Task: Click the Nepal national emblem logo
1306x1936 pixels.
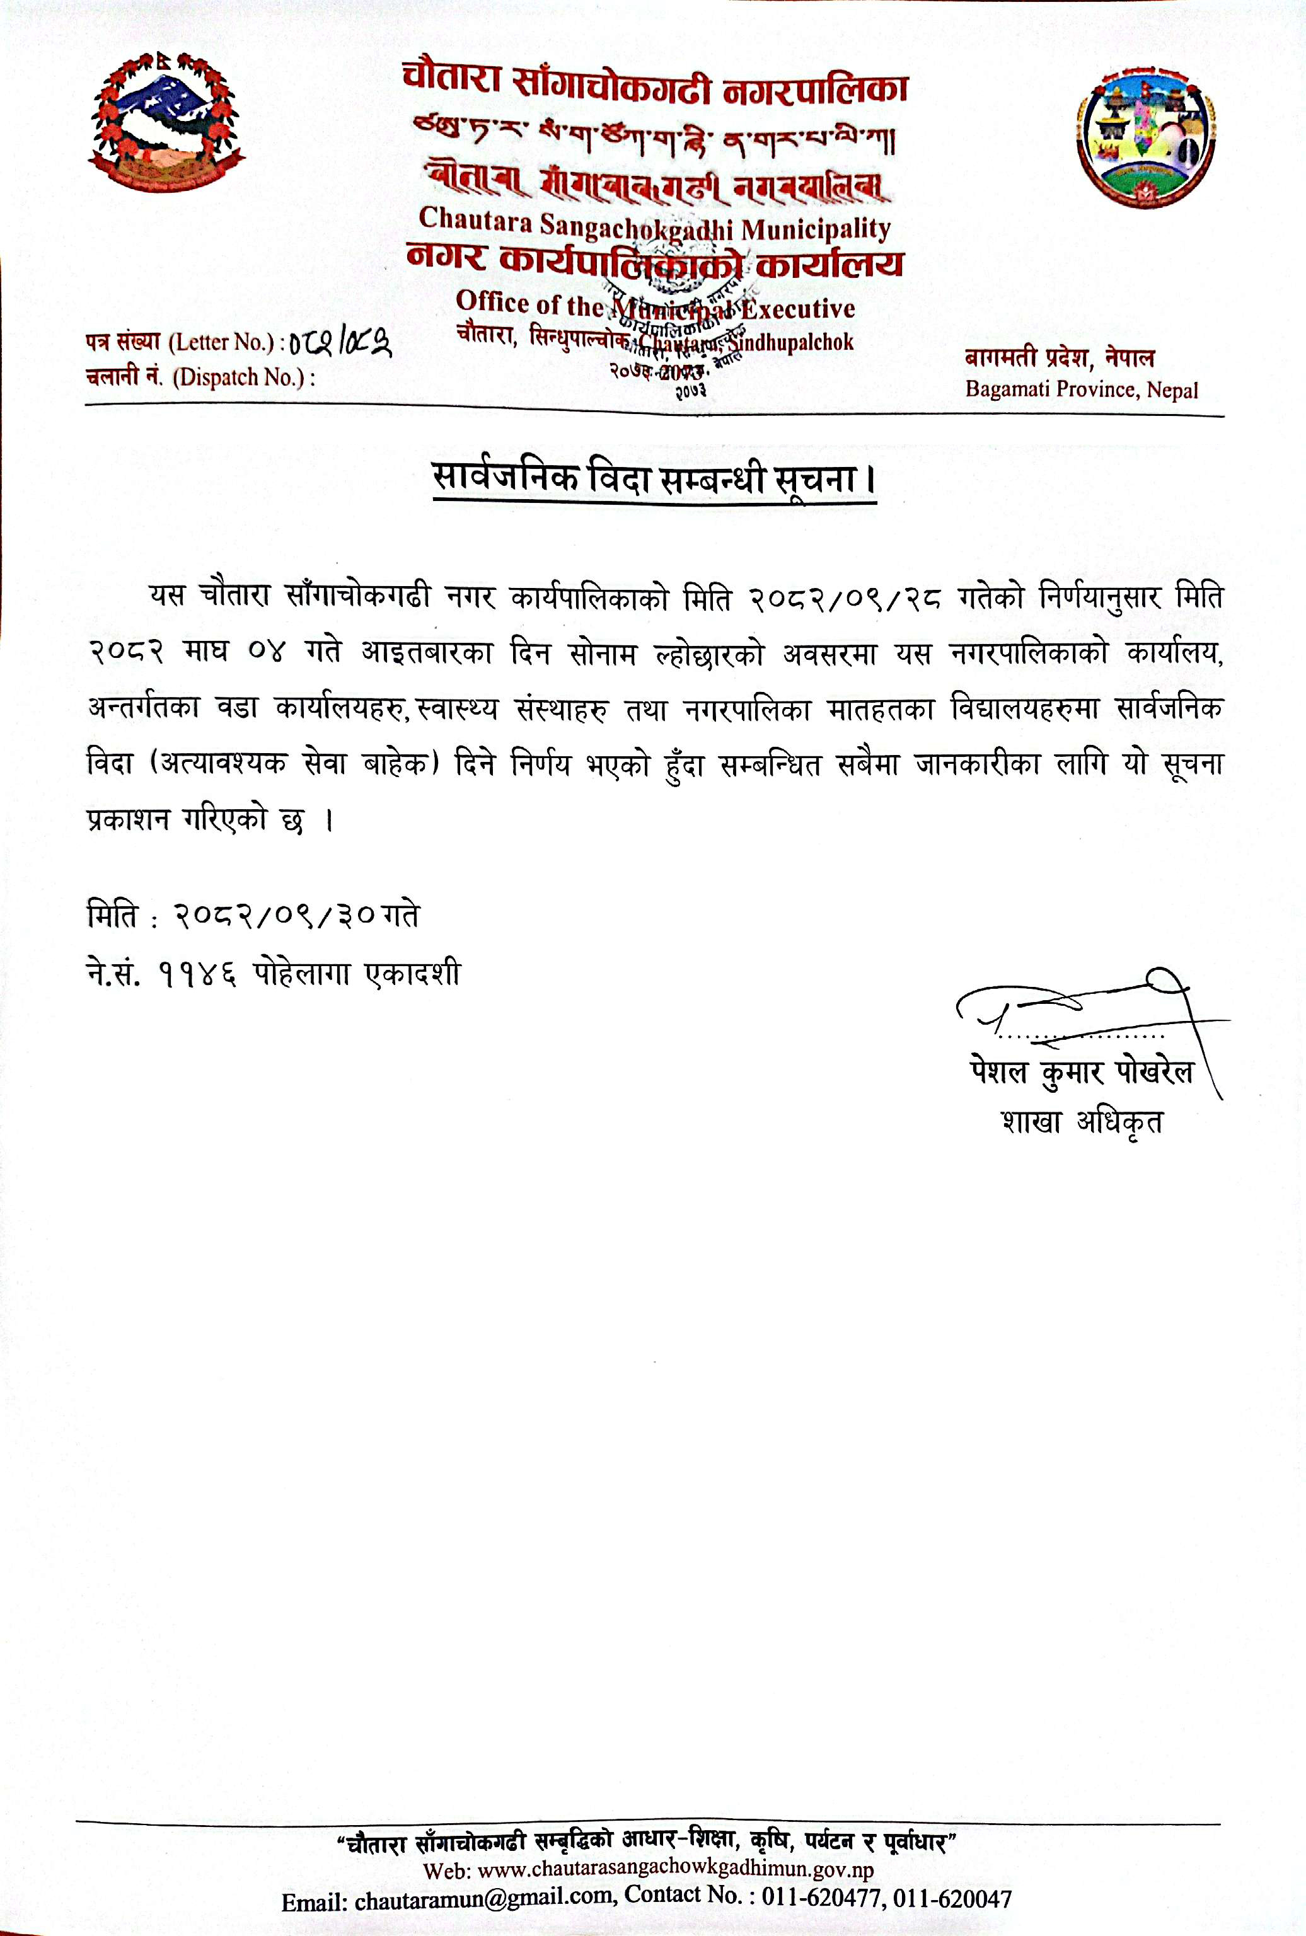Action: (166, 121)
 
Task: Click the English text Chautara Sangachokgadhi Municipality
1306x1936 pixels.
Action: (655, 225)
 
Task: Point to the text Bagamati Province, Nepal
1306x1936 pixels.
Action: (1081, 389)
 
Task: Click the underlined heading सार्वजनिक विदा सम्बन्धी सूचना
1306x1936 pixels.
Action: (654, 480)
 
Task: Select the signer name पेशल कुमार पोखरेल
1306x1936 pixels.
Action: (1080, 1072)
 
